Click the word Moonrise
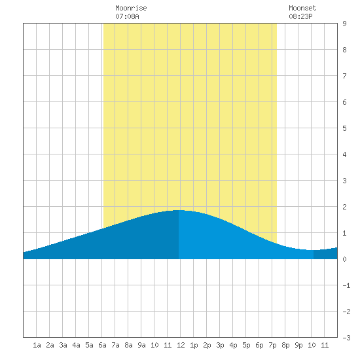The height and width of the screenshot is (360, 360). (131, 8)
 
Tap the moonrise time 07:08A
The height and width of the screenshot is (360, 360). (127, 16)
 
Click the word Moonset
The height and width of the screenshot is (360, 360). (302, 8)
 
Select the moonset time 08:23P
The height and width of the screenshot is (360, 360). (300, 16)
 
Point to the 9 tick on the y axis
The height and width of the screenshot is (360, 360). (344, 24)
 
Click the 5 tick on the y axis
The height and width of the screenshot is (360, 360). (344, 128)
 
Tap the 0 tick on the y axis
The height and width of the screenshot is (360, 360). (344, 259)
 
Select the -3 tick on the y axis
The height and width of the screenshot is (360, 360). (346, 338)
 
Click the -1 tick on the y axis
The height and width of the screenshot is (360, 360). (346, 285)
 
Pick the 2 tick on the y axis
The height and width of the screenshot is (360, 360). (344, 207)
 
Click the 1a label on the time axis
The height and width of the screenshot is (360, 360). (37, 345)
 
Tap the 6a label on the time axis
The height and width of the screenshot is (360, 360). (102, 345)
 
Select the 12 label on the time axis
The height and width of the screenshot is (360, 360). (181, 345)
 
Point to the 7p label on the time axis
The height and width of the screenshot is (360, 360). (272, 345)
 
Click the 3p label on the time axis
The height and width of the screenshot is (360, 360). (220, 345)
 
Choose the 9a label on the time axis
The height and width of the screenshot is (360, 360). (141, 345)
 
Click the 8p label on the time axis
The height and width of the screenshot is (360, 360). (285, 345)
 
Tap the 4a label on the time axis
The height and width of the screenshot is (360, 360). (76, 345)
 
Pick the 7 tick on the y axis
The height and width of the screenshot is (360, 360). (344, 76)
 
